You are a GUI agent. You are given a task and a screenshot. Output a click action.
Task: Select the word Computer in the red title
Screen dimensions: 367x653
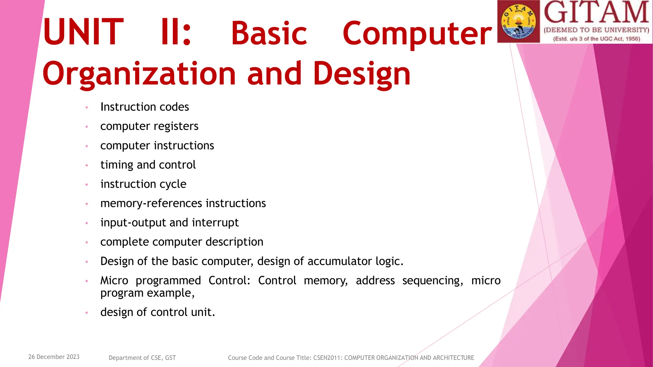pyautogui.click(x=417, y=33)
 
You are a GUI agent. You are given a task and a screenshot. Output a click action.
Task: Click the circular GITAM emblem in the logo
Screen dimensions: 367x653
pyautogui.click(x=518, y=22)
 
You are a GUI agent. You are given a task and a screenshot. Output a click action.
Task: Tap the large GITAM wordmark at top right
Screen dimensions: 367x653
pyautogui.click(x=596, y=13)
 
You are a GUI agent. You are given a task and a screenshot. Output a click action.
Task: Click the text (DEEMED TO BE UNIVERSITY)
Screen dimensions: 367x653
pyautogui.click(x=596, y=30)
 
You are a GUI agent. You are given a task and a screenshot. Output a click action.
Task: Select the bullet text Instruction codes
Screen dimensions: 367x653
pyautogui.click(x=144, y=107)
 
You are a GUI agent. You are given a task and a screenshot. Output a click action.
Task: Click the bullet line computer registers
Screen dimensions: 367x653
pyautogui.click(x=149, y=126)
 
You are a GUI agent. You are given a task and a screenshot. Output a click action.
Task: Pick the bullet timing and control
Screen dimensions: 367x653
pyautogui.click(x=148, y=165)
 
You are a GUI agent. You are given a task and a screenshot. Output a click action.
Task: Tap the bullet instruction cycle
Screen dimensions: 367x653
pyautogui.click(x=143, y=184)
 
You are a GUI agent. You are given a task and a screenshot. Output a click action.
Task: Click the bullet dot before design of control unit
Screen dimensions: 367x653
pyautogui.click(x=87, y=313)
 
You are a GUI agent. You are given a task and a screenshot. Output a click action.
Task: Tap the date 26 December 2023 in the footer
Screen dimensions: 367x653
pyautogui.click(x=54, y=357)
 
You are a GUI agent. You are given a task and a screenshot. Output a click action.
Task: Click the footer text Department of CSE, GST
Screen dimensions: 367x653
pyautogui.click(x=142, y=358)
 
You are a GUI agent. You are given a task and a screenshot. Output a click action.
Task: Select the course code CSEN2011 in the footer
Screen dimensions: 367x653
pyautogui.click(x=327, y=358)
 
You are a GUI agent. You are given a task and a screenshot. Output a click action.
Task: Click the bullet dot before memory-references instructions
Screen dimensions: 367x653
pyautogui.click(x=87, y=204)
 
